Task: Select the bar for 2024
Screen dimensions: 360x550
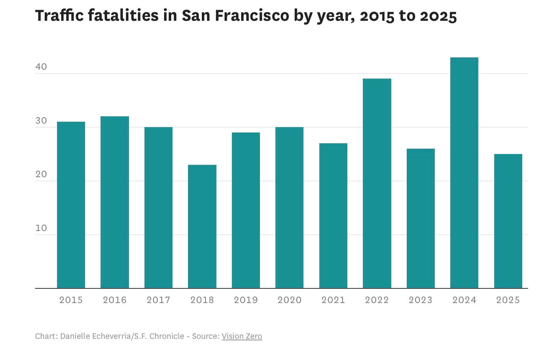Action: point(464,173)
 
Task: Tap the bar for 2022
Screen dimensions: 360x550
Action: point(377,183)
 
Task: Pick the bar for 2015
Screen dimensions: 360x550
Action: point(71,205)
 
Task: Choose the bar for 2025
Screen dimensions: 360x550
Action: point(508,221)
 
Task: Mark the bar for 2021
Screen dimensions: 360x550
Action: point(333,216)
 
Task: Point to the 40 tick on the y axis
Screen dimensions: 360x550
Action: point(41,67)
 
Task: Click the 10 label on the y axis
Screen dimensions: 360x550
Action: point(41,228)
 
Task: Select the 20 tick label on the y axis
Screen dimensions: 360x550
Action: point(41,174)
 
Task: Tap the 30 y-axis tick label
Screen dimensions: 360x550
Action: point(41,121)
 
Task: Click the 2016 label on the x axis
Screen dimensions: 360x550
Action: point(115,300)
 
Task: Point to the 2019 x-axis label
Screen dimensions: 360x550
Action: point(246,300)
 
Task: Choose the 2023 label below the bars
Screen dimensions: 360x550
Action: point(421,300)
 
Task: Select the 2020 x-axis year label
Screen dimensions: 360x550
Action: point(290,300)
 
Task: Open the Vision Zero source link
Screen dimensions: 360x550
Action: point(242,336)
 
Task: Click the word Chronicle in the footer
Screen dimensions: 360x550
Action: point(167,336)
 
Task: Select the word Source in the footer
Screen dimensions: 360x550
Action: point(205,336)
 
